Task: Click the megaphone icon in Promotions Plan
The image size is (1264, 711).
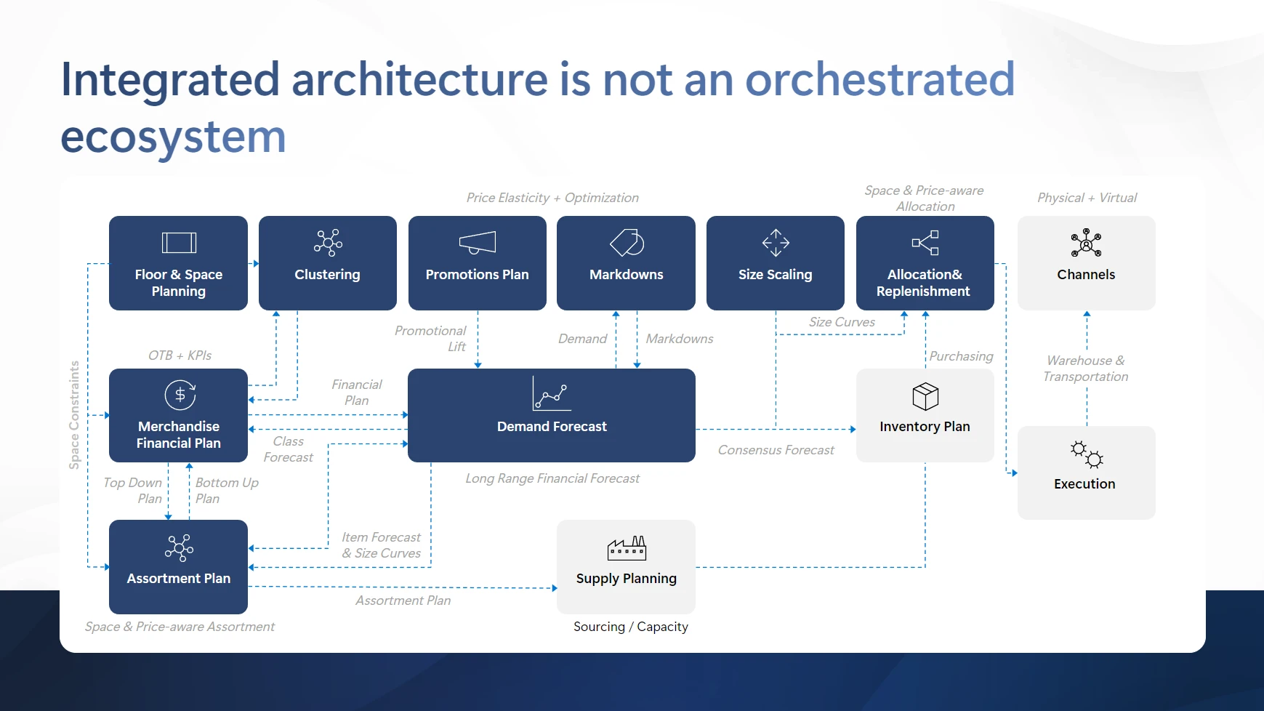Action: pos(478,243)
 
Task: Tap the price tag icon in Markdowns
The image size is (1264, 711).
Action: pos(627,243)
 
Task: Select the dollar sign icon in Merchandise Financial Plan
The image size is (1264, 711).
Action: pos(180,395)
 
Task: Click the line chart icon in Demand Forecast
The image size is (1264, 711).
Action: pos(550,393)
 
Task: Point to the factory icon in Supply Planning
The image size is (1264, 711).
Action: pos(627,548)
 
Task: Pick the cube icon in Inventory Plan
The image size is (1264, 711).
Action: pos(925,396)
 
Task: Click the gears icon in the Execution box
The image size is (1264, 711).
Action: pos(1087,454)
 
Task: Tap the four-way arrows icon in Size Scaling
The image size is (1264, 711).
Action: pos(776,243)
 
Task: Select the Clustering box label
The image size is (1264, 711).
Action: pos(327,275)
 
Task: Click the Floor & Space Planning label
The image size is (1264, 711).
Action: pos(179,283)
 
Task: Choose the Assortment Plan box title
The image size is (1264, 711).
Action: pos(179,579)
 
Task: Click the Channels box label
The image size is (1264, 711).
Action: pos(1086,275)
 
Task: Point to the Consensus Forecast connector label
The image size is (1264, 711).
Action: pos(776,450)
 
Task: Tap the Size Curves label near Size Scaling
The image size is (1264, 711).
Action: pos(842,322)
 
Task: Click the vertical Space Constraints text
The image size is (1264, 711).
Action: pos(74,415)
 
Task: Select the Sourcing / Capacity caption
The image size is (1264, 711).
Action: pos(630,627)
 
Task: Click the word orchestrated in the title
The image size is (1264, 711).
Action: pos(879,79)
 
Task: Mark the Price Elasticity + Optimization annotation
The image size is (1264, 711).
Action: pos(552,198)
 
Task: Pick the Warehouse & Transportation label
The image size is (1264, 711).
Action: pos(1086,369)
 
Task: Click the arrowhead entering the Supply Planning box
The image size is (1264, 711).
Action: pos(554,588)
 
